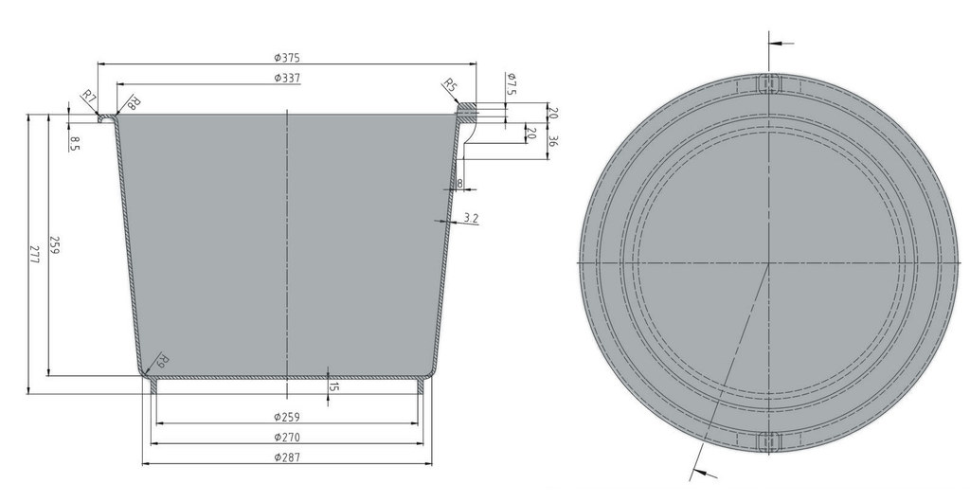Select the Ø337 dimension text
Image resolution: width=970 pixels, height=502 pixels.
(287, 78)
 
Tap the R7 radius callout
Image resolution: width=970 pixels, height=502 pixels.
(88, 97)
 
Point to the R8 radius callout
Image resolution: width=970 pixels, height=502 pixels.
(133, 103)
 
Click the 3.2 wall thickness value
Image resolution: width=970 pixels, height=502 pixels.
(471, 219)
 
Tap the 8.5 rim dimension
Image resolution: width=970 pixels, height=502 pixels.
(74, 143)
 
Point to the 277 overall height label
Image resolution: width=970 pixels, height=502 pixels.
(35, 254)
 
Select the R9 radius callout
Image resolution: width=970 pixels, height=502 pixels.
(162, 360)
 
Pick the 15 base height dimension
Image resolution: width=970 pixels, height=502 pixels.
(334, 386)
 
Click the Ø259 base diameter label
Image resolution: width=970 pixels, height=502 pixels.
(287, 418)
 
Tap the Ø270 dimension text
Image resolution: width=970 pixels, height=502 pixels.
(287, 438)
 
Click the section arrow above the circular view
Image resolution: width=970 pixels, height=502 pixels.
(781, 43)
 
